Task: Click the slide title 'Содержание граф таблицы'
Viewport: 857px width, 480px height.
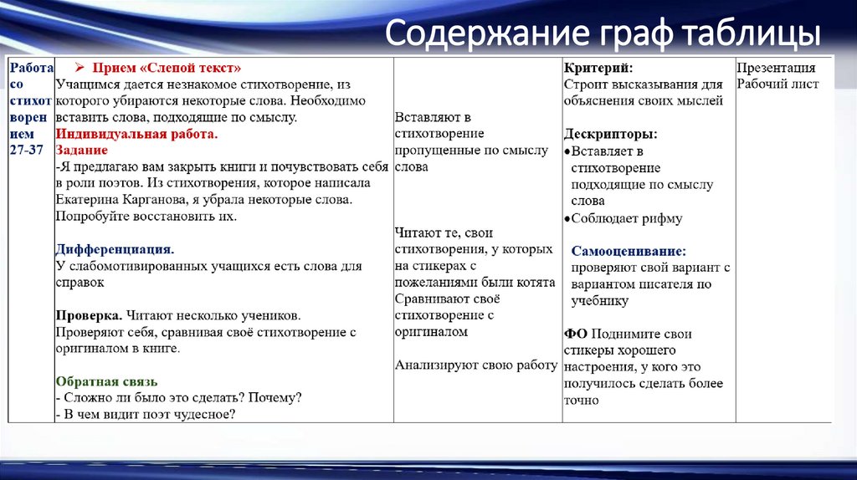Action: (602, 35)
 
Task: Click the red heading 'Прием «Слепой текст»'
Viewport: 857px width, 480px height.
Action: (167, 68)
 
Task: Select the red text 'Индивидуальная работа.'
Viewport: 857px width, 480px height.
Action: (136, 134)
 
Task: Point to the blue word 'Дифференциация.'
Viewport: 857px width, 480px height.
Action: (115, 249)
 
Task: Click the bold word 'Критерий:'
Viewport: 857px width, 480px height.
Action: (598, 68)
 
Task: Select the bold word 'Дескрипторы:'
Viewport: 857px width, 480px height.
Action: (610, 134)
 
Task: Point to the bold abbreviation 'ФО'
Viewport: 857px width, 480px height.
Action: (574, 334)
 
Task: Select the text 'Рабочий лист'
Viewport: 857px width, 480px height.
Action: (777, 84)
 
